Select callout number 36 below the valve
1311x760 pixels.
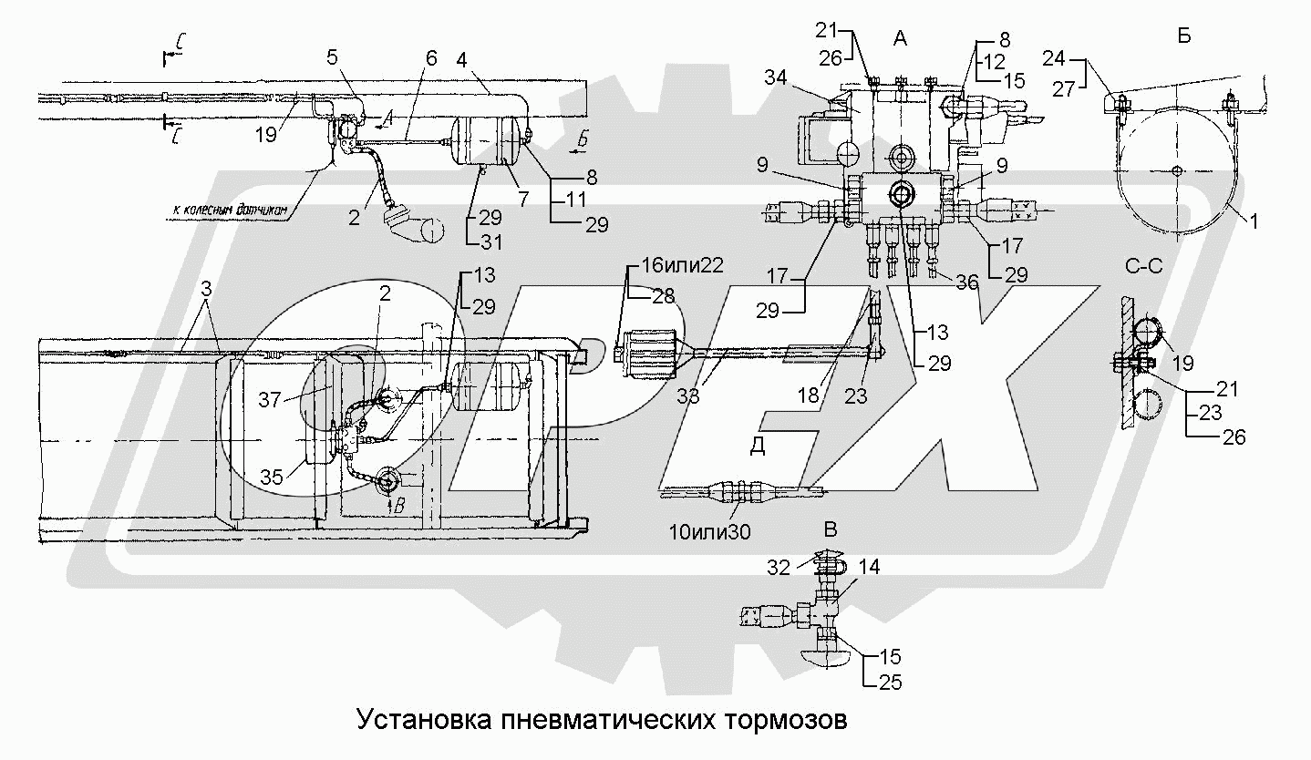[x=966, y=283]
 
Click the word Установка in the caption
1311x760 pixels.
[x=424, y=719]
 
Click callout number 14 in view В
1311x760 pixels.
[x=869, y=567]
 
